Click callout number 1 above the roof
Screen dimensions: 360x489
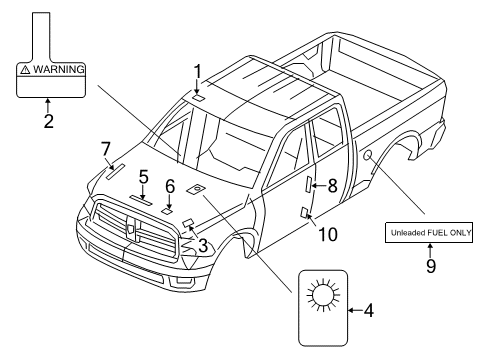[x=198, y=71]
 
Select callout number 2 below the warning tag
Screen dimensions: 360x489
[x=48, y=122]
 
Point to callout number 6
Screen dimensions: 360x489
[x=170, y=186]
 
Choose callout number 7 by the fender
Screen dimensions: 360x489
[x=106, y=149]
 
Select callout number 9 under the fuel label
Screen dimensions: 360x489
[x=430, y=266]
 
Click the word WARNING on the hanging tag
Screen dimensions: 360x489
[x=58, y=71]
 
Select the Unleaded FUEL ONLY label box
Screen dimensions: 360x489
[x=430, y=232]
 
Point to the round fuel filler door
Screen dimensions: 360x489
[x=369, y=155]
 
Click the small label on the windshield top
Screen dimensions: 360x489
[x=198, y=97]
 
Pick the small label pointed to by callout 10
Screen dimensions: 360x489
[x=304, y=211]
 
